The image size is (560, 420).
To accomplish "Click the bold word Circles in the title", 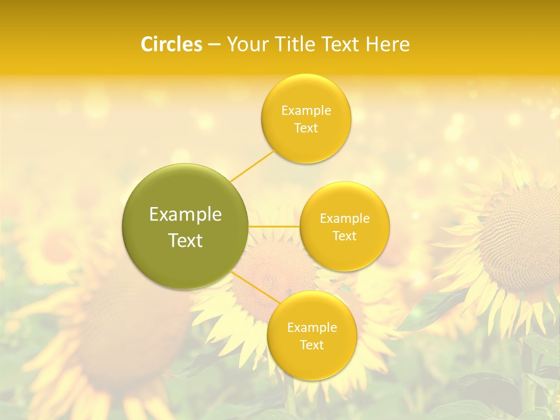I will point(171,44).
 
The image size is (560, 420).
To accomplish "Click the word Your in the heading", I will point(245,44).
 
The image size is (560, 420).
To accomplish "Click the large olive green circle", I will point(185,226).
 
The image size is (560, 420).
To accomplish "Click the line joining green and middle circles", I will point(274,226).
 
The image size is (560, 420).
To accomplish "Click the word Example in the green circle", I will point(185,215).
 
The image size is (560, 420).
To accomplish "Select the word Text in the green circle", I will point(185,240).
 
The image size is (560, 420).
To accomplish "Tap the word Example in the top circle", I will point(306,111).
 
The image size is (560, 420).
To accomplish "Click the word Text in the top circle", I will point(306,128).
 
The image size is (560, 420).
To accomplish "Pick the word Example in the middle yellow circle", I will point(345,219).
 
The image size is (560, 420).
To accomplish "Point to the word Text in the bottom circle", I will point(311,345).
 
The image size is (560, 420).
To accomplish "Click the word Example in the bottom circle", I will point(312,328).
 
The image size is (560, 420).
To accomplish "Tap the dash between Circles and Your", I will point(213,45).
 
